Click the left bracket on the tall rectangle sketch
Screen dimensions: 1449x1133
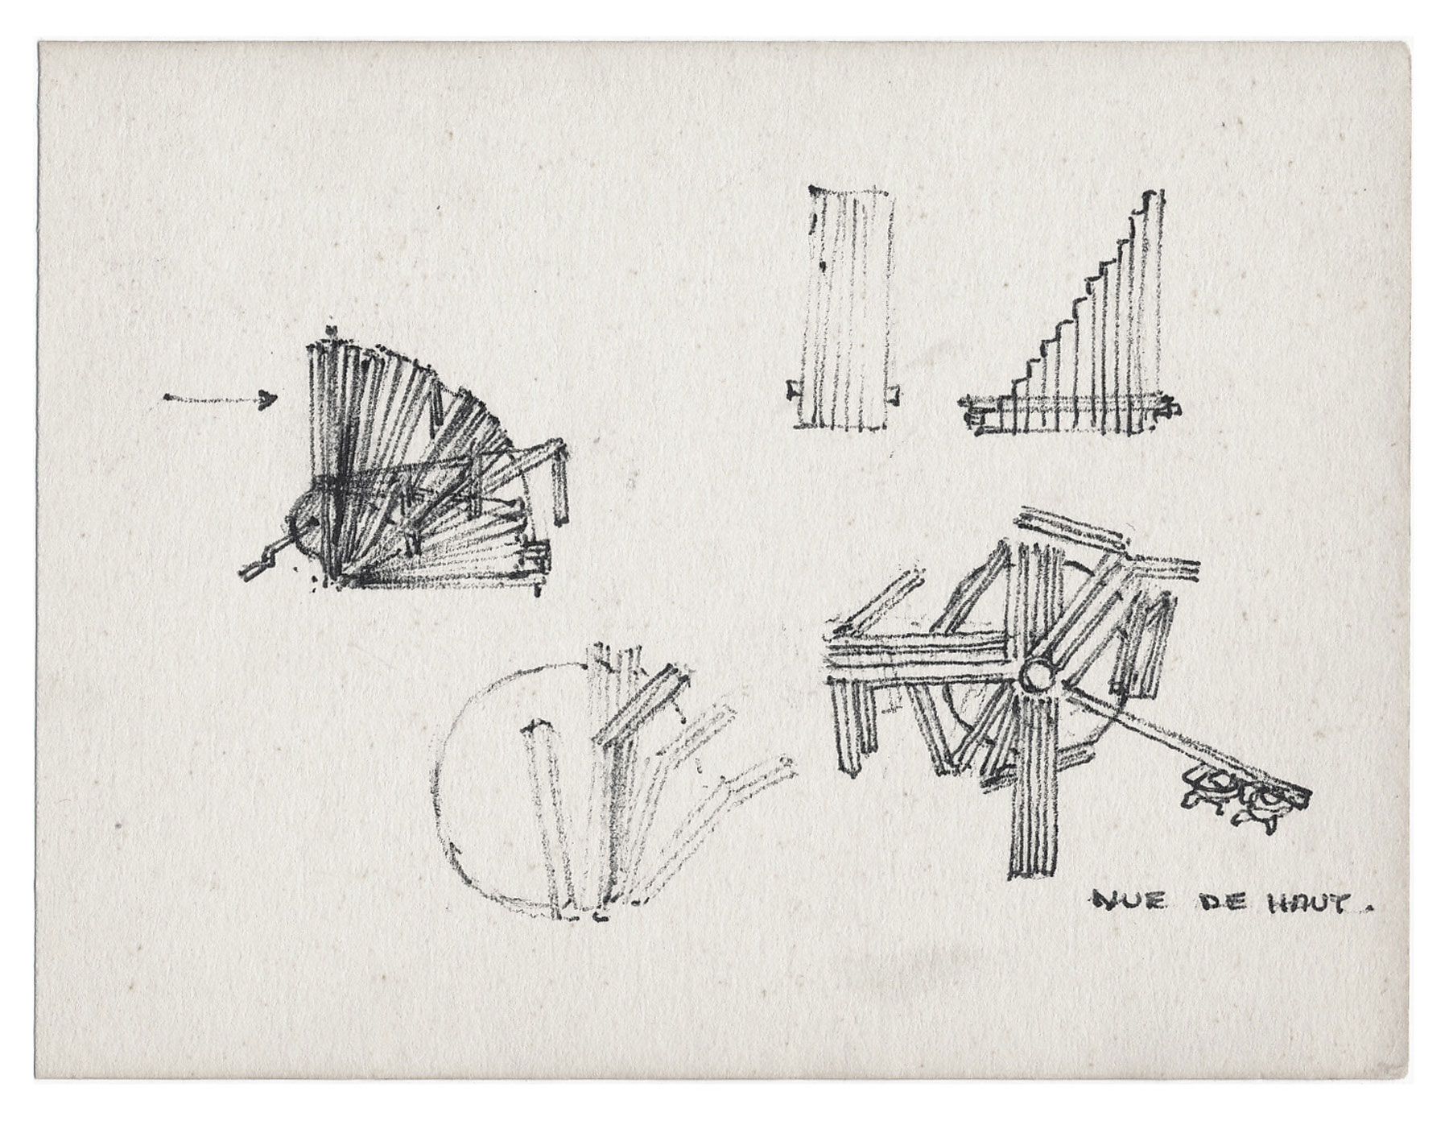791,392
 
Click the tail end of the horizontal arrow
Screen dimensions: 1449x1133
166,397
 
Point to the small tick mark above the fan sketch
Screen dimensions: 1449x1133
331,331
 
